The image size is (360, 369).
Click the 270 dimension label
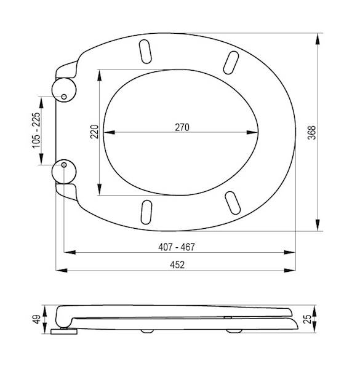(x=182, y=127)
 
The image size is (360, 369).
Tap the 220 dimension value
(x=94, y=132)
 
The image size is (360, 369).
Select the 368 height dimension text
(x=312, y=133)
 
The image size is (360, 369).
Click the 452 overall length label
(x=177, y=265)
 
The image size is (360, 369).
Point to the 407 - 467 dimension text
(x=177, y=247)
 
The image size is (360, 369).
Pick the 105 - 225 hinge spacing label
(x=36, y=130)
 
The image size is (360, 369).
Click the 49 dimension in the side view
(x=37, y=319)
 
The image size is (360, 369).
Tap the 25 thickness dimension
(x=308, y=319)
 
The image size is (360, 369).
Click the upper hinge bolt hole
(x=64, y=97)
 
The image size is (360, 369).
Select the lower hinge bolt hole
(x=64, y=165)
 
